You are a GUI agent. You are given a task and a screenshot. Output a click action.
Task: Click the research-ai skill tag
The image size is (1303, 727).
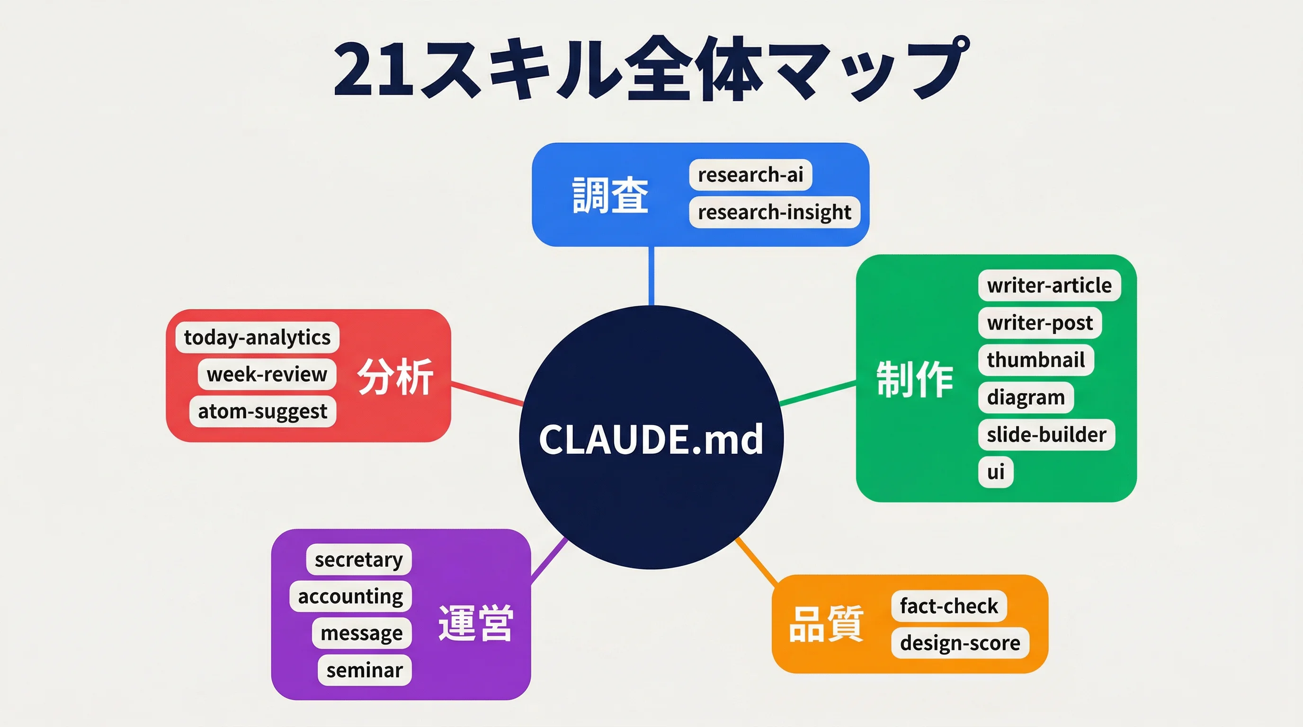coord(750,175)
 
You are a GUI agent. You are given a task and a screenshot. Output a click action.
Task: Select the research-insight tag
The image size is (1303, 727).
coord(774,213)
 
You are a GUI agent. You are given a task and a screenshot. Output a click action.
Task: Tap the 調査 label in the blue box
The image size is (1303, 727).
coord(609,195)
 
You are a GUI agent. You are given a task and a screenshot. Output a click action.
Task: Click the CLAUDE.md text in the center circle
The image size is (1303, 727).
coord(651,439)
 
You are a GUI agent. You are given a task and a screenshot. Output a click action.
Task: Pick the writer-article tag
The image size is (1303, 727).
coord(1049,286)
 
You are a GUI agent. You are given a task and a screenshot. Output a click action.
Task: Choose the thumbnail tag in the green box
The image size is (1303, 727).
coord(1035,360)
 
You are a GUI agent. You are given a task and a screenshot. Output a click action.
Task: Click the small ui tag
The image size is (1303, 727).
coord(995,472)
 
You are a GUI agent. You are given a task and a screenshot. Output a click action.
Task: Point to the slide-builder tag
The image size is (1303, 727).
coord(1046,435)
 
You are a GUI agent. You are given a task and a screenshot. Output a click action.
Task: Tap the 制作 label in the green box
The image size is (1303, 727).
coord(915,379)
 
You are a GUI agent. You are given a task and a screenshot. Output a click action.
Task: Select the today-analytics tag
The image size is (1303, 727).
coord(257,337)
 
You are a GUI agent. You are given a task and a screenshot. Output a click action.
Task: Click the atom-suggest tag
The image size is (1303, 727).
coord(262,411)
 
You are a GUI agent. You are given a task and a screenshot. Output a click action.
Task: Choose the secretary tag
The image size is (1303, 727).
coord(358,559)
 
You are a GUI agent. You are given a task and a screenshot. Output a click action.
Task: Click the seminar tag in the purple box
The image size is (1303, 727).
coord(364,670)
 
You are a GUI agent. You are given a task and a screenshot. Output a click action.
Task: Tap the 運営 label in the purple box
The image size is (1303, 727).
coord(475,623)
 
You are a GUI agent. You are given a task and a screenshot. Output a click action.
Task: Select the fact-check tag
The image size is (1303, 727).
coord(948,606)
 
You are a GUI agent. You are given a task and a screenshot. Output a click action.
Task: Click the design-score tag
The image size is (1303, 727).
coord(960,643)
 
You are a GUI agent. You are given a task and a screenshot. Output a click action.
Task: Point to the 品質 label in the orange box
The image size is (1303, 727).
coord(826,625)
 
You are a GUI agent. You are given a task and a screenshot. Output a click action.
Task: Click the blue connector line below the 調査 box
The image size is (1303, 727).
coord(651,275)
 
